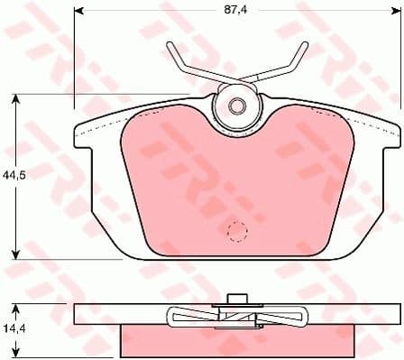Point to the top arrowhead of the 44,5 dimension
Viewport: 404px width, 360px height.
point(15,97)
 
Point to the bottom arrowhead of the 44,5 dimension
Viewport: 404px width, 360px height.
point(15,255)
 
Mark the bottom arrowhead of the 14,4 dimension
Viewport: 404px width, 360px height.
point(15,354)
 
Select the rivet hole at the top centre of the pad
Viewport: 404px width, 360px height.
point(236,106)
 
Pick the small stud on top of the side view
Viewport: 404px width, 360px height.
point(235,300)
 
